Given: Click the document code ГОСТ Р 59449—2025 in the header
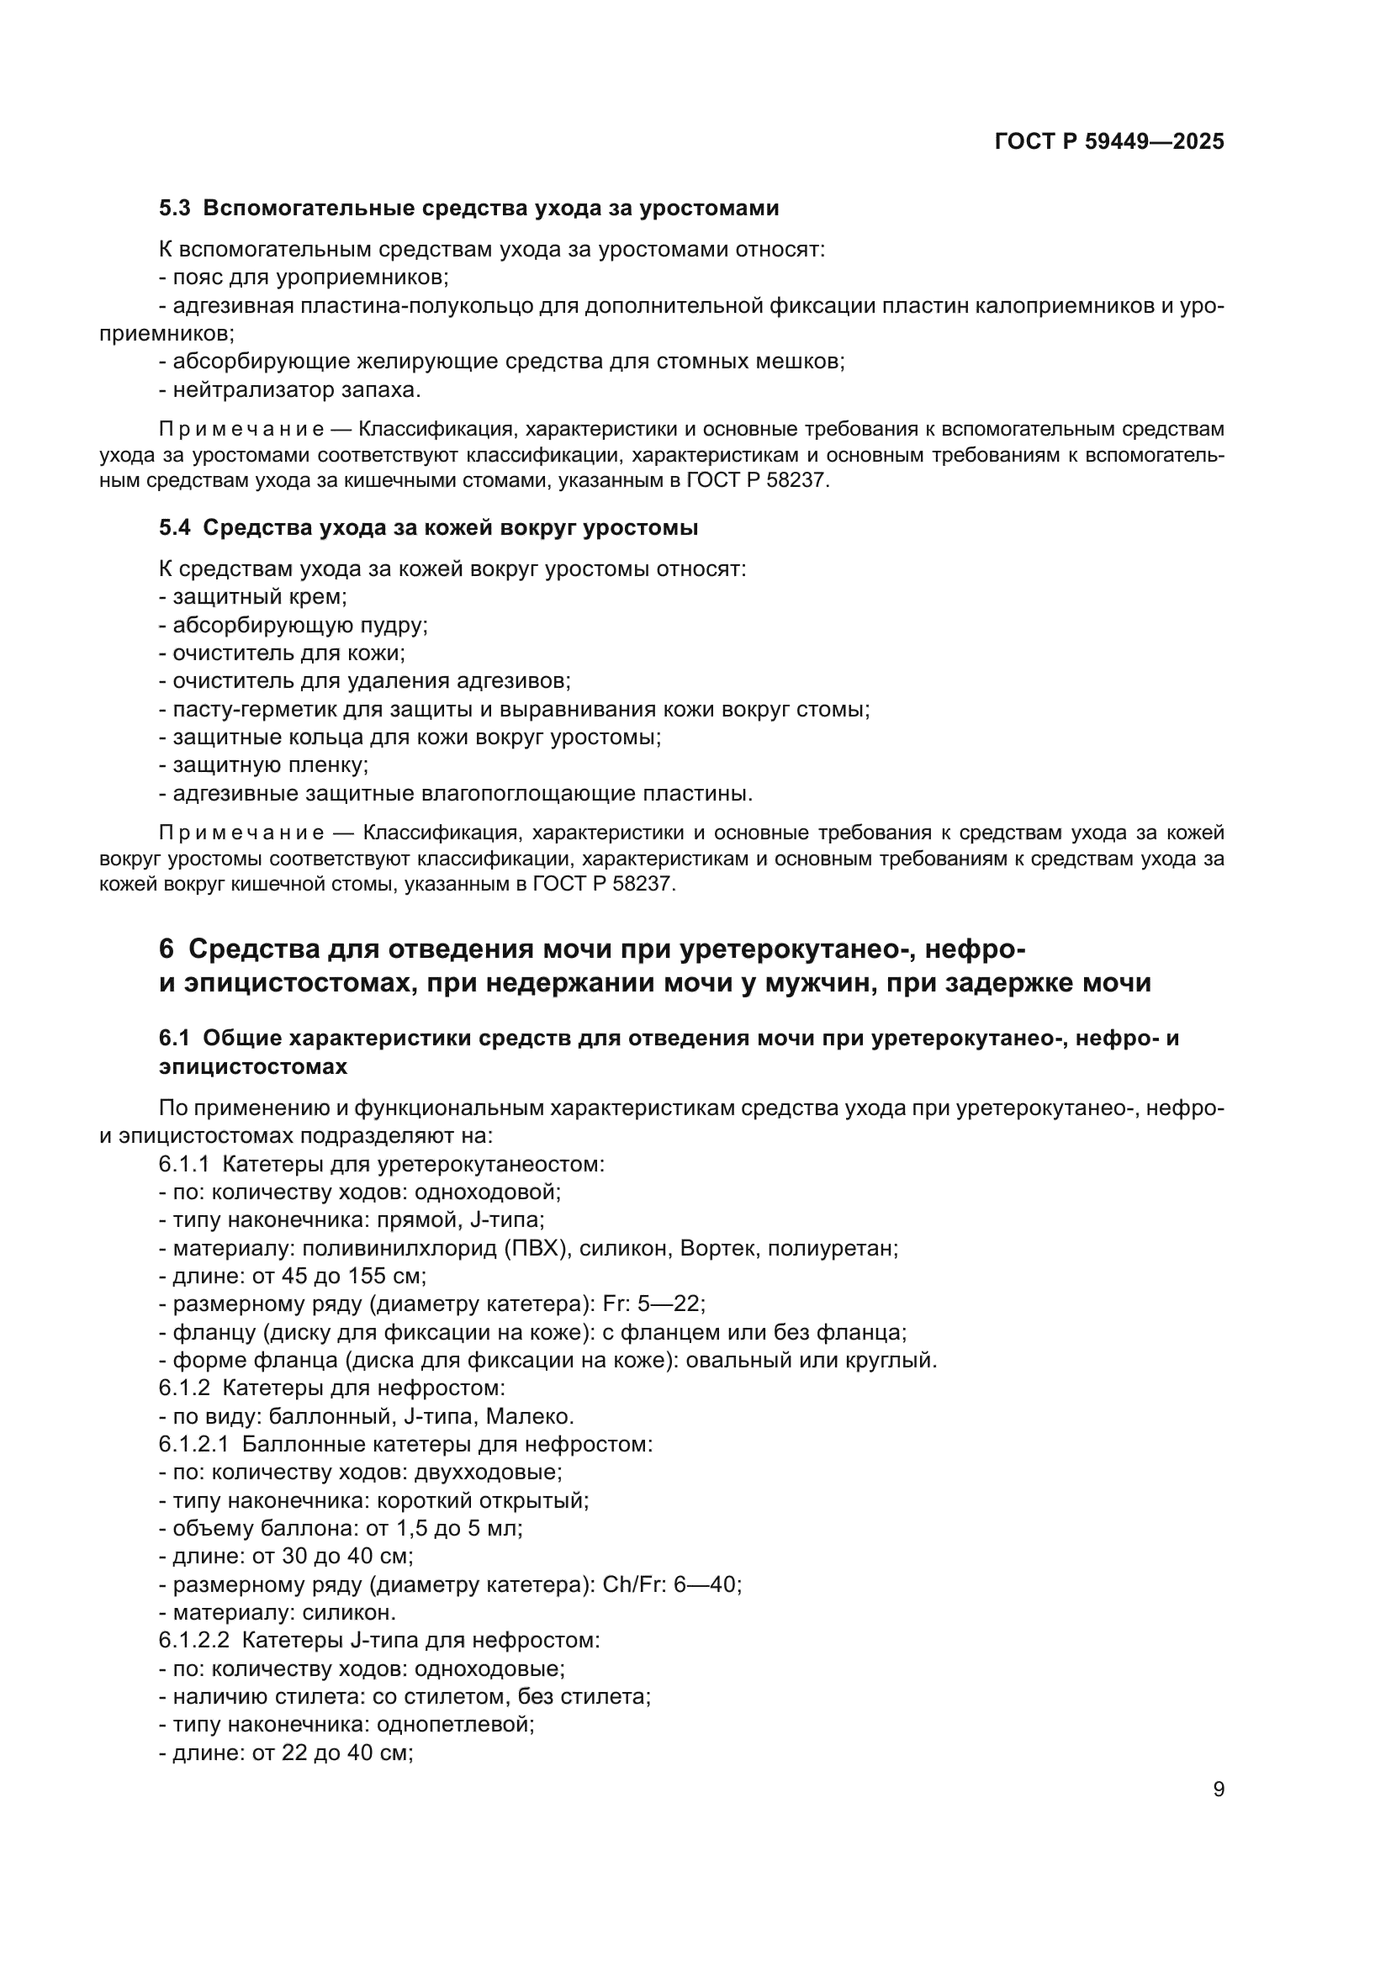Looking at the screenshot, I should point(1109,142).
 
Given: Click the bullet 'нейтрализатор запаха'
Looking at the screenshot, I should point(291,390).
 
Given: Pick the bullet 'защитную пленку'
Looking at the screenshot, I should point(266,765).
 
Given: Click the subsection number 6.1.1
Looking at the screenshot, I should point(183,1164).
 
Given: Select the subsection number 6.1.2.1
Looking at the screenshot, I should point(193,1445).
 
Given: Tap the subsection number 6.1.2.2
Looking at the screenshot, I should point(193,1641).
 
